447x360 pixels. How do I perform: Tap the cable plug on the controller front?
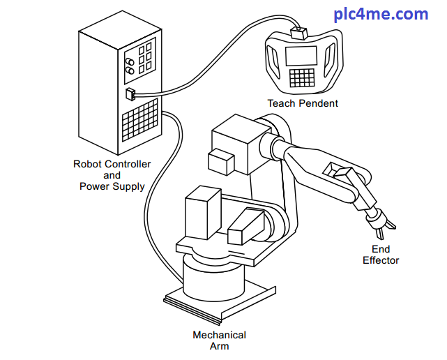tap(130, 94)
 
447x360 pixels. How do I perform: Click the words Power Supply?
tap(112, 186)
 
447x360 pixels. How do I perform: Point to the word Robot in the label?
tap(89, 164)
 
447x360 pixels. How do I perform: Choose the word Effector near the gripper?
tap(381, 260)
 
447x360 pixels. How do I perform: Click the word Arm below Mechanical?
tap(219, 346)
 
